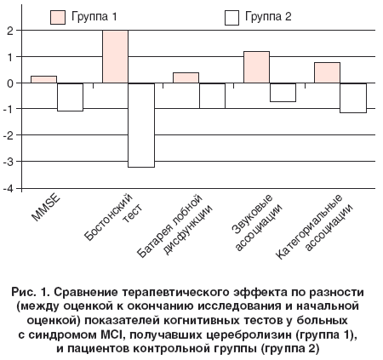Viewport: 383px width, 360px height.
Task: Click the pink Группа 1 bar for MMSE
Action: point(43,79)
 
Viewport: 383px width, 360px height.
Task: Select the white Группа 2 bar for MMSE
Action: point(70,97)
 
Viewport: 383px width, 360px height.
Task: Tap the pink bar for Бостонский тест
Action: point(115,56)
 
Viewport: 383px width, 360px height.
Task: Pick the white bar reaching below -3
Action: point(141,125)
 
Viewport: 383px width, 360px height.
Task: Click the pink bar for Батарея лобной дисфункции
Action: point(186,77)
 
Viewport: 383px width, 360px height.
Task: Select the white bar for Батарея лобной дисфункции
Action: point(212,96)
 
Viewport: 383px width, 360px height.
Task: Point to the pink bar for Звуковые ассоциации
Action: point(256,67)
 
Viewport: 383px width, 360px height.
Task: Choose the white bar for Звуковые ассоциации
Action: point(283,93)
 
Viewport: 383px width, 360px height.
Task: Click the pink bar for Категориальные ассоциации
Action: point(327,72)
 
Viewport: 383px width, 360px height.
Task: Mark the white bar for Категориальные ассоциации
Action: point(353,98)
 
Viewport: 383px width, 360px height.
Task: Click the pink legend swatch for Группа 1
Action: point(58,17)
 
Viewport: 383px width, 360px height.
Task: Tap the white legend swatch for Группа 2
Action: point(232,18)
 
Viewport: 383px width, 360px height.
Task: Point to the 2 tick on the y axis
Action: point(10,31)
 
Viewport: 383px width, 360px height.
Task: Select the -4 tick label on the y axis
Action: point(9,189)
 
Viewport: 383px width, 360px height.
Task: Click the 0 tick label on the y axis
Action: point(10,83)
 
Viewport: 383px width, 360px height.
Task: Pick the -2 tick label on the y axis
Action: point(9,135)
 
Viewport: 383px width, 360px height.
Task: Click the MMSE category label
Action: point(46,208)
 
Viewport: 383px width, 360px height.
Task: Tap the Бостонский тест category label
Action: point(113,217)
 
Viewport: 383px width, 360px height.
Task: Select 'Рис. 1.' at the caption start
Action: point(31,292)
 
